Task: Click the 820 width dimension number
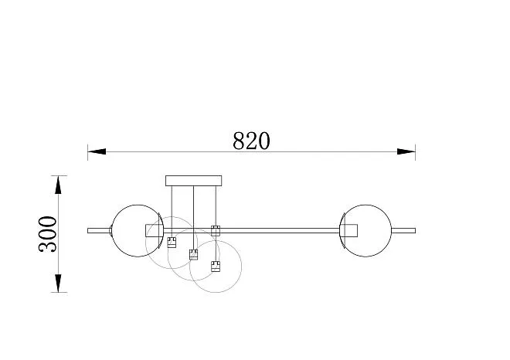tap(251, 141)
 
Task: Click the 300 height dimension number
tap(47, 234)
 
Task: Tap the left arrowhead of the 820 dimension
tap(97, 151)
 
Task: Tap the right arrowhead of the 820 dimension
tap(406, 151)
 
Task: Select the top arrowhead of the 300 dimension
tap(58, 185)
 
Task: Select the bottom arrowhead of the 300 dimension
tap(58, 284)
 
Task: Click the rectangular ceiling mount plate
tap(193, 181)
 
